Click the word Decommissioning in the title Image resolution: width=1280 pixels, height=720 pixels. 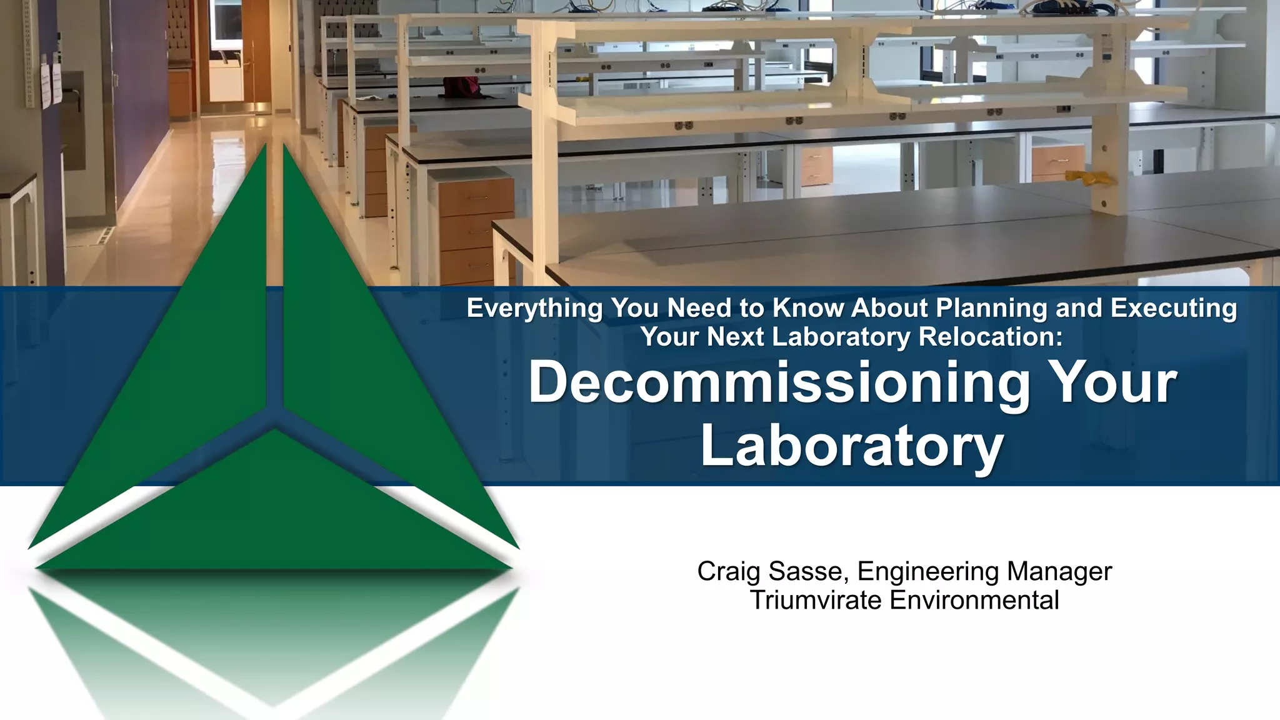pyautogui.click(x=779, y=384)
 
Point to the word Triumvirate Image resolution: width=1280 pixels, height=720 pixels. pyautogui.click(x=816, y=600)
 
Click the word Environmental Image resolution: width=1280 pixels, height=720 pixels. pyautogui.click(x=974, y=600)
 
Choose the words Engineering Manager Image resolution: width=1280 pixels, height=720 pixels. pyautogui.click(x=984, y=571)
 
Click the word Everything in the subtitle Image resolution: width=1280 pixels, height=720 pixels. pyautogui.click(x=534, y=309)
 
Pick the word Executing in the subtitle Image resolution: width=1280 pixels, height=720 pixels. pyautogui.click(x=1173, y=309)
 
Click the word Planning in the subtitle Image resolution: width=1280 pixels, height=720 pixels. pyautogui.click(x=991, y=309)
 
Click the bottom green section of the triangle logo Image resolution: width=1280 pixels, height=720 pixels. pyautogui.click(x=275, y=512)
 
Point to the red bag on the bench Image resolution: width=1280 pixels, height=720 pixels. pyautogui.click(x=461, y=87)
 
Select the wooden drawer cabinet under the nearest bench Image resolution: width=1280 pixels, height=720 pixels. pyautogui.click(x=475, y=231)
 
